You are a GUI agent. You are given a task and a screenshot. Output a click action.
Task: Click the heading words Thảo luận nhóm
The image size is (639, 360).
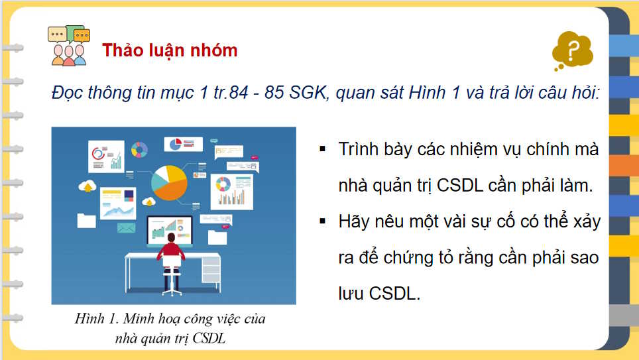170,50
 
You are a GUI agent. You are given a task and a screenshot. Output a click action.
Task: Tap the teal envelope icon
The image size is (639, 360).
126,228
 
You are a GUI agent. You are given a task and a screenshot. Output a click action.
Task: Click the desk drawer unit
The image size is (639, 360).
211,268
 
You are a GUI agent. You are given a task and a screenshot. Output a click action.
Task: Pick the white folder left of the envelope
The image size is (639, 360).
86,220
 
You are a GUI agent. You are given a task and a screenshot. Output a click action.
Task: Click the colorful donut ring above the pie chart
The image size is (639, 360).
139,150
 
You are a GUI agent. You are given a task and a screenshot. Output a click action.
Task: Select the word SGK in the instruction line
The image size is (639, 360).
309,92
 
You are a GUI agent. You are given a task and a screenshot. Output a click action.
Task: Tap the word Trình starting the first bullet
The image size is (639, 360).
359,149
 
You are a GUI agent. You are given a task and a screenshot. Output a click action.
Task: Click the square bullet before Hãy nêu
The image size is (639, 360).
323,221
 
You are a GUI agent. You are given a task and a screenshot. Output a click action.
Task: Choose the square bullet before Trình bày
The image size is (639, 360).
323,149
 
